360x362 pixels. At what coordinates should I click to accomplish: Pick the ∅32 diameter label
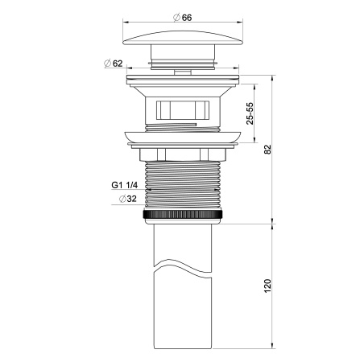(x=125, y=199)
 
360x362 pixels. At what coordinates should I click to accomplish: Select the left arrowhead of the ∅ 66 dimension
(x=126, y=23)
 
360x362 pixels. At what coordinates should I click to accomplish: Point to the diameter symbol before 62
(x=106, y=62)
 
